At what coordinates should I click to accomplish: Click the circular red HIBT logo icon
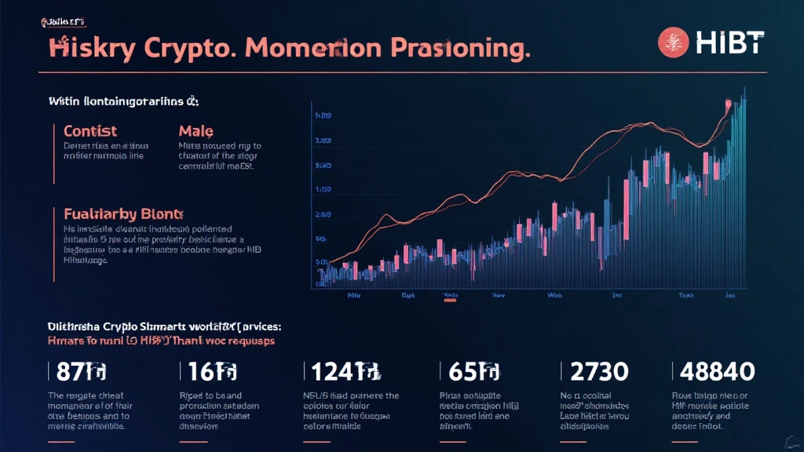point(672,42)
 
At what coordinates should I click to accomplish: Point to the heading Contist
point(90,130)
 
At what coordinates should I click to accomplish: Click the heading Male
point(196,130)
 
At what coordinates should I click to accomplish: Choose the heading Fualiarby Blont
point(122,213)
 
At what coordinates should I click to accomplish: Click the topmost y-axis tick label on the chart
point(322,116)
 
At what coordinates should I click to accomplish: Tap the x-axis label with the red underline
point(451,297)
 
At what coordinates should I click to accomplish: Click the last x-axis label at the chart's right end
point(730,297)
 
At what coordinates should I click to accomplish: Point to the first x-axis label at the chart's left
point(353,297)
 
